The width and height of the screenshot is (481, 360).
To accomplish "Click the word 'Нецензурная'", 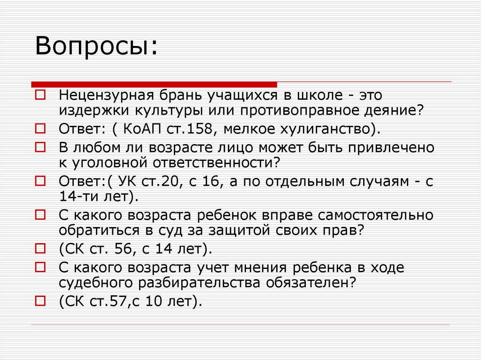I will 103,95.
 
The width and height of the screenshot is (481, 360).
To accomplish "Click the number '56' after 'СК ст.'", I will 125,249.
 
